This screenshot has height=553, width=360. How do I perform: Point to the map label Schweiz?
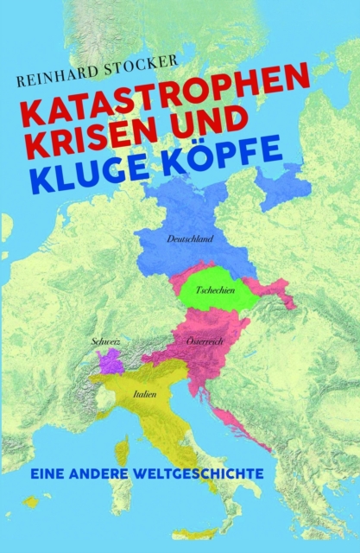tap(105, 342)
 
